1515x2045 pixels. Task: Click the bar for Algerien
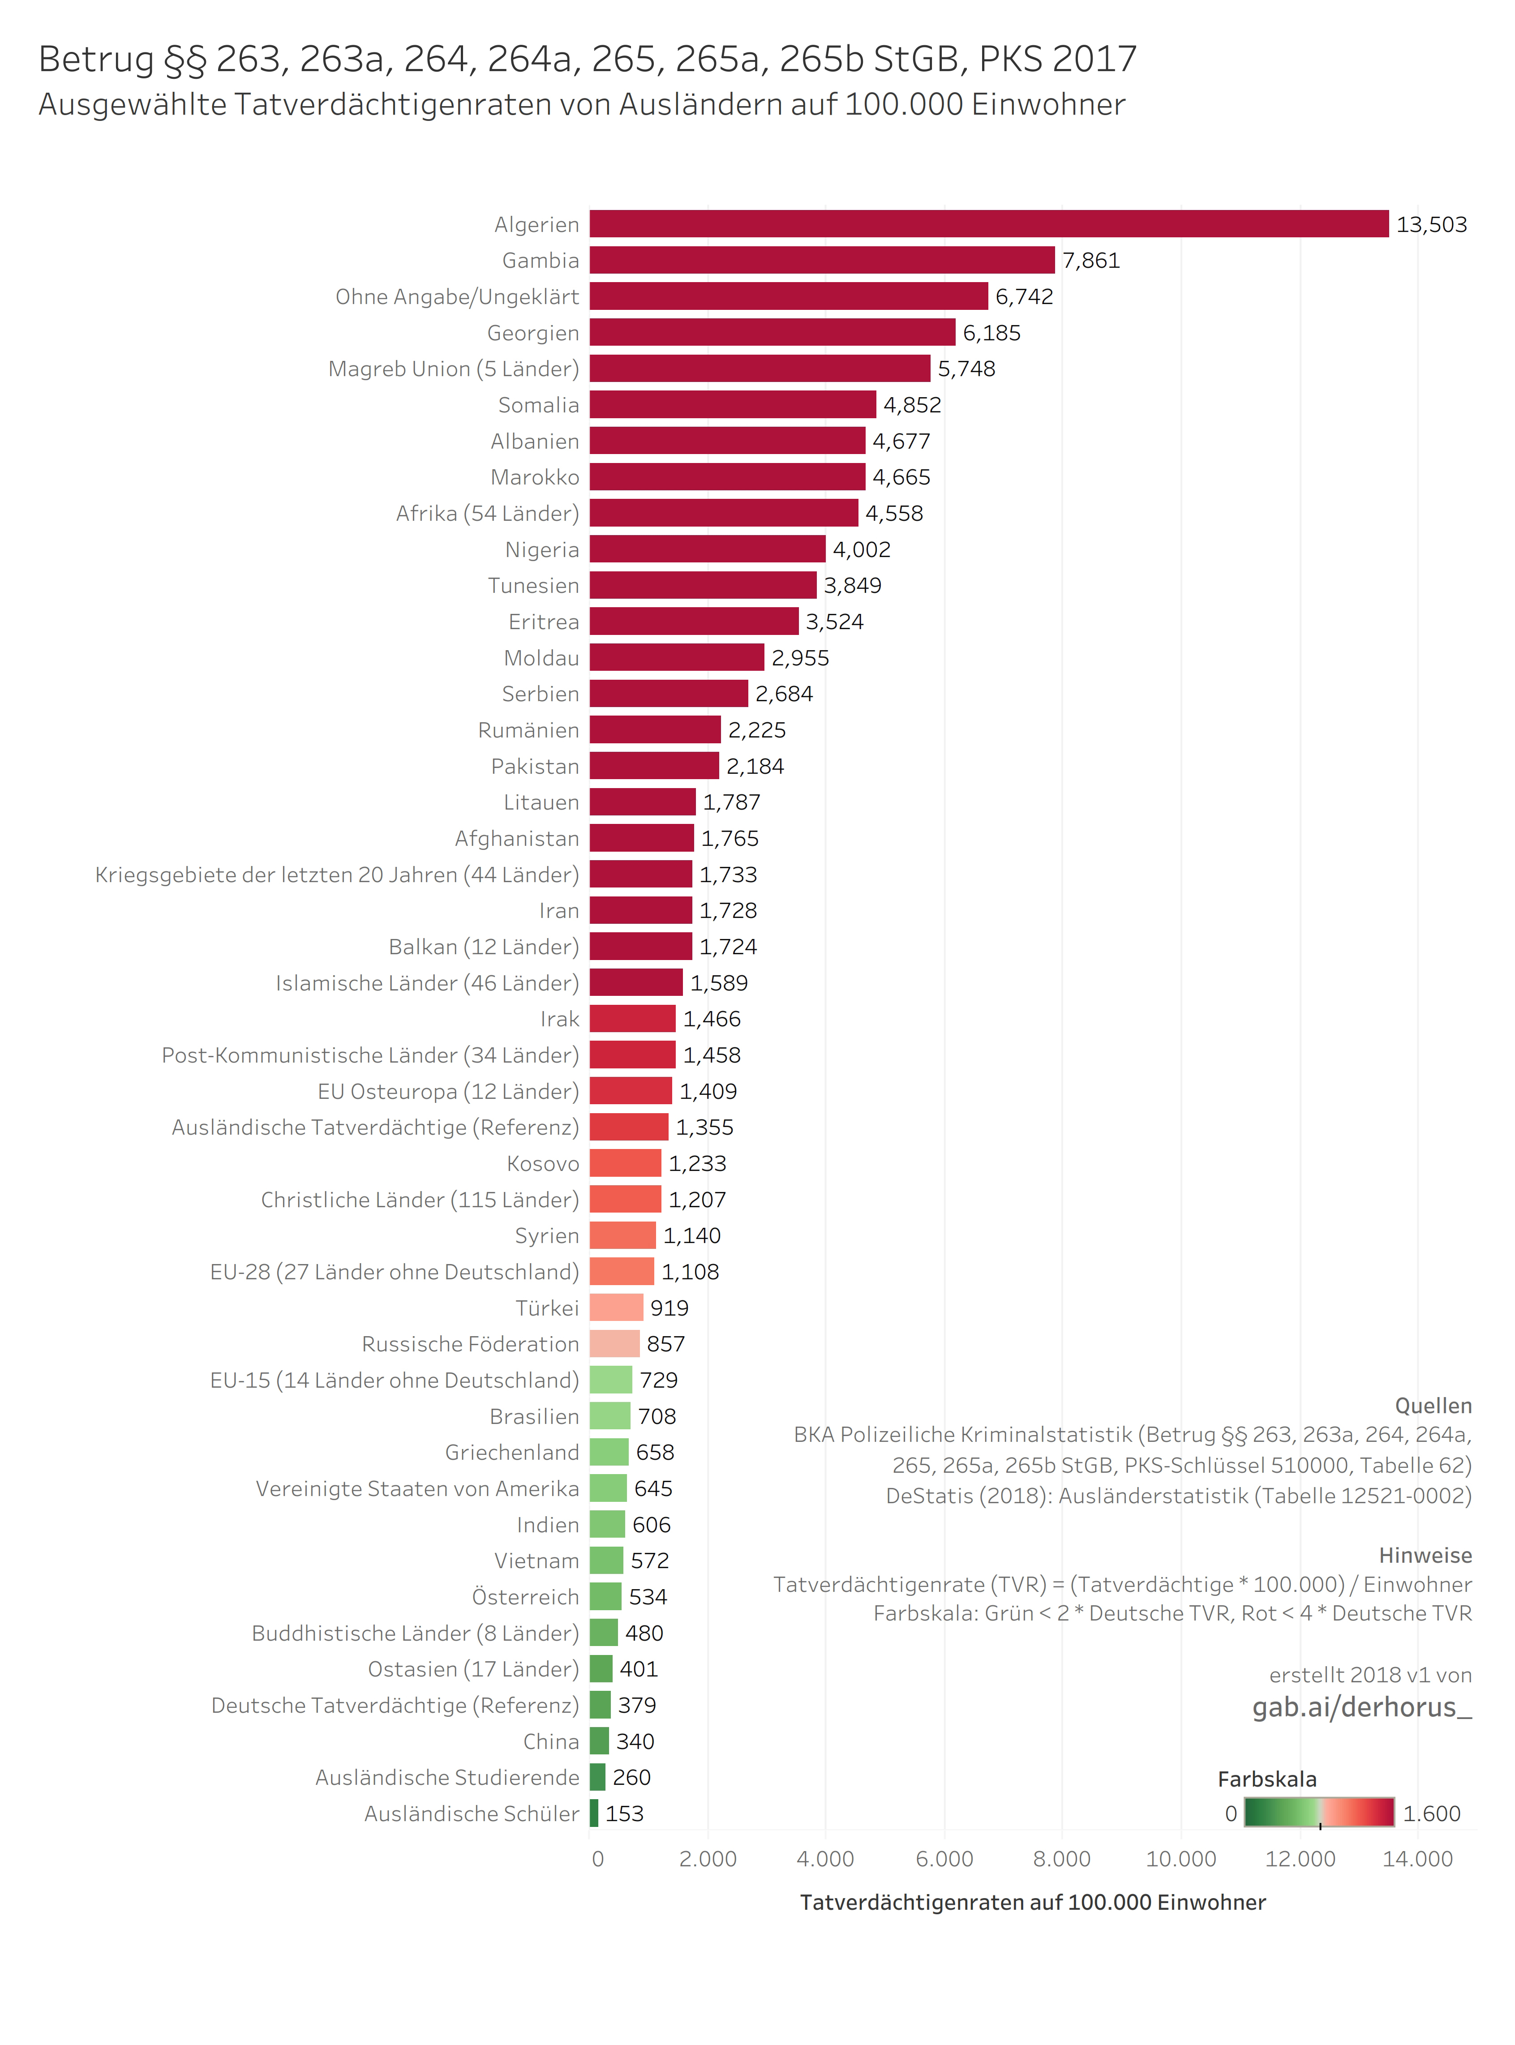[989, 224]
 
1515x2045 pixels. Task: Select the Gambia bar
[822, 261]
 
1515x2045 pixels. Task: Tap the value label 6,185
[991, 333]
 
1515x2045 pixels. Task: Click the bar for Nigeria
[707, 549]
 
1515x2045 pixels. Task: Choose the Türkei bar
[616, 1308]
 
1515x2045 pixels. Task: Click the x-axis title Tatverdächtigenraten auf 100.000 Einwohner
[1033, 1903]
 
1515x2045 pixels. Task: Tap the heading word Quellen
[1433, 1406]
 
